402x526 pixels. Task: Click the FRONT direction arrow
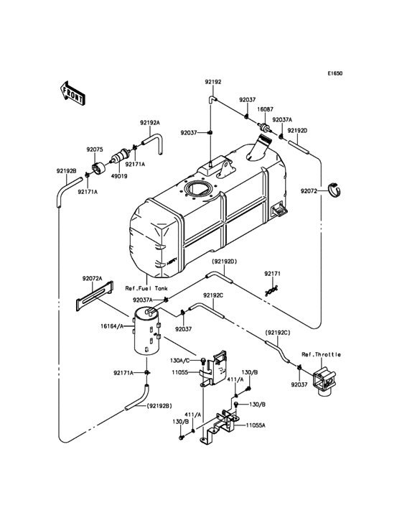click(73, 93)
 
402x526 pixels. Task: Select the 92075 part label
click(95, 149)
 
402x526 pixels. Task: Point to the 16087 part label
click(266, 109)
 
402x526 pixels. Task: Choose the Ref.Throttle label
click(321, 354)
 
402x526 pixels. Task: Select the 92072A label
click(92, 278)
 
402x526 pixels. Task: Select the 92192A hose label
click(149, 123)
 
